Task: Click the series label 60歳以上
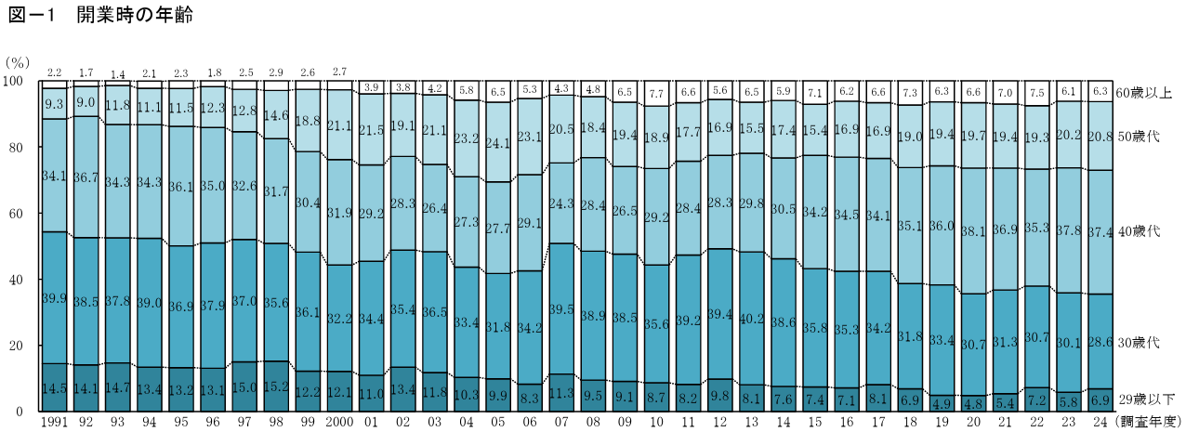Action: (1145, 93)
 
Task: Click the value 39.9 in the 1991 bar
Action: (55, 298)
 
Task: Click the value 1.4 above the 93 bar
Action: (118, 73)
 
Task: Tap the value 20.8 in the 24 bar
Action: (1101, 137)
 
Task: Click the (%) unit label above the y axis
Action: (19, 62)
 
